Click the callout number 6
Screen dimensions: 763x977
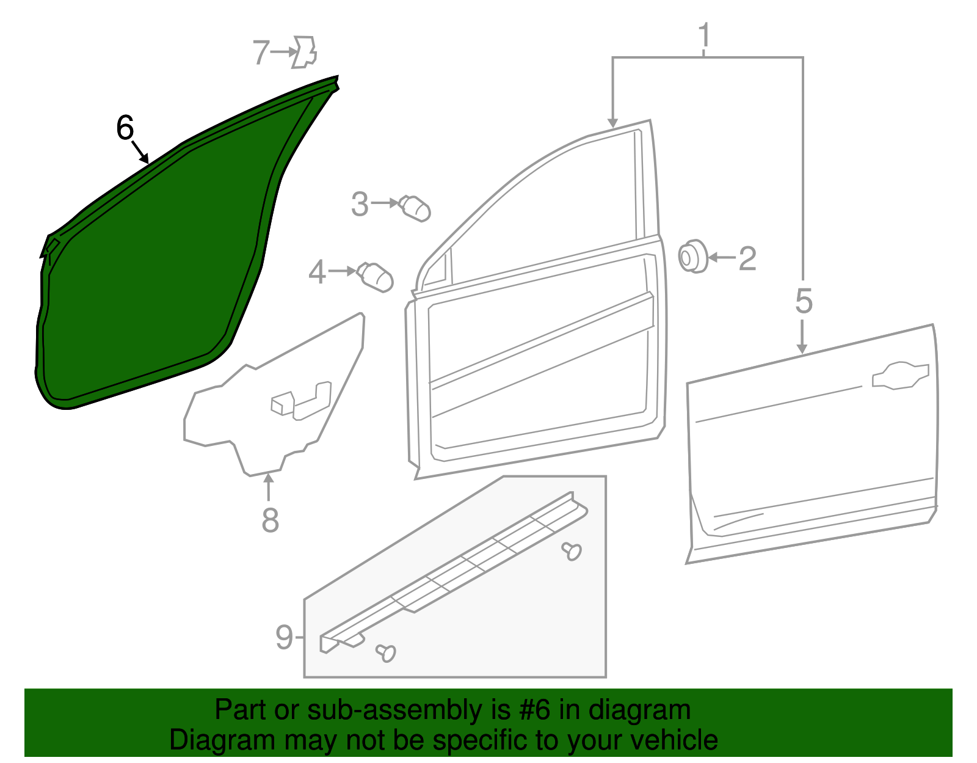pos(125,129)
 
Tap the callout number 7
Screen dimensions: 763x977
pos(261,53)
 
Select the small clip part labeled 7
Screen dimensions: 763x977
pos(305,52)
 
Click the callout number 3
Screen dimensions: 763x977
pos(360,204)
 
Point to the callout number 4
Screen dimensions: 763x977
pos(317,272)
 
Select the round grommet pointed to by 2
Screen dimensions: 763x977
pos(692,257)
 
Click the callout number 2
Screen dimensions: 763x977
pos(747,259)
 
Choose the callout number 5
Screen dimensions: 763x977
pos(804,302)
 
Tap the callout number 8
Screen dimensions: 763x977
pos(270,520)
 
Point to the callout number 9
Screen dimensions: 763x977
pos(284,638)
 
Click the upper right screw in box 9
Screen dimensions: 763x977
pos(572,550)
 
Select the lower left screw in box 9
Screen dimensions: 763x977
pos(386,652)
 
